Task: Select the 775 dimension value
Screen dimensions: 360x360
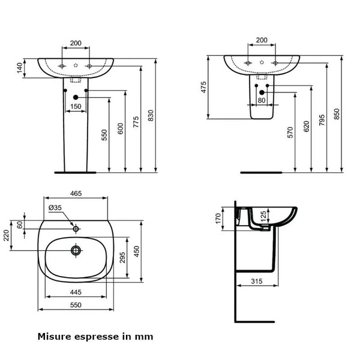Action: click(136, 122)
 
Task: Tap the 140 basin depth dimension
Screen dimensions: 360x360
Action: click(20, 69)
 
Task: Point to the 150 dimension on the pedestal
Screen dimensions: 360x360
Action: click(76, 106)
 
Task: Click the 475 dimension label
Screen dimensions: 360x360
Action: click(204, 87)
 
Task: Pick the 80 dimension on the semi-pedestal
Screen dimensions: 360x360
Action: click(262, 100)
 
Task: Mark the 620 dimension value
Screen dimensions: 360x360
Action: click(307, 127)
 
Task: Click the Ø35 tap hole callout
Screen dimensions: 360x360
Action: click(55, 208)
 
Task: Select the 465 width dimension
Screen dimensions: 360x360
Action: click(76, 194)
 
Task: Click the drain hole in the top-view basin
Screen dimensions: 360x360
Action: click(76, 250)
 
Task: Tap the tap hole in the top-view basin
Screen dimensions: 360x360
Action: click(76, 229)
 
